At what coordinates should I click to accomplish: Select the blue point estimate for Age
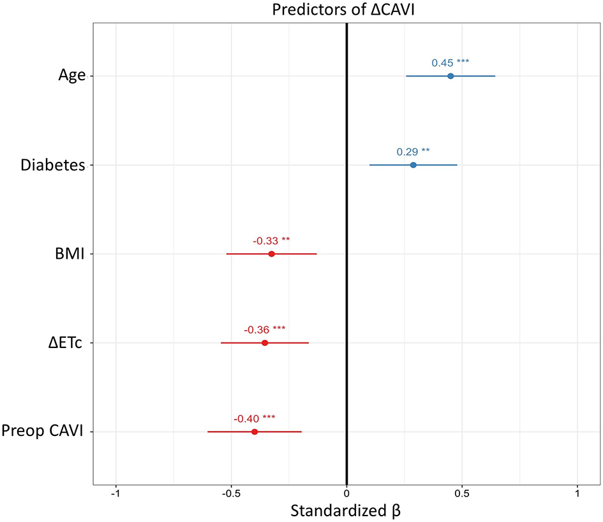coord(450,76)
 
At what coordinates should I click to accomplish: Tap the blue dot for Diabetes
coord(413,165)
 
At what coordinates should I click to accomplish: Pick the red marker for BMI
coord(271,254)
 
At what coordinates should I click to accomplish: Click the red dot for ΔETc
coord(265,343)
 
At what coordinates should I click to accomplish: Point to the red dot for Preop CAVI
coord(255,431)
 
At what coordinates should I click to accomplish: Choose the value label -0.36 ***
coord(265,330)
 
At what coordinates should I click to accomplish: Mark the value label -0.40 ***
coord(255,418)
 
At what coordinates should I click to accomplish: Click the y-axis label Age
coord(71,76)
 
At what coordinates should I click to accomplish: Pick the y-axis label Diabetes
coord(53,166)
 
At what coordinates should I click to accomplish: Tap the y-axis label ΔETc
coord(66,344)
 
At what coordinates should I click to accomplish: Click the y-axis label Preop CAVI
coord(44,432)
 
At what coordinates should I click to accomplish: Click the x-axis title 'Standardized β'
coord(346,511)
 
